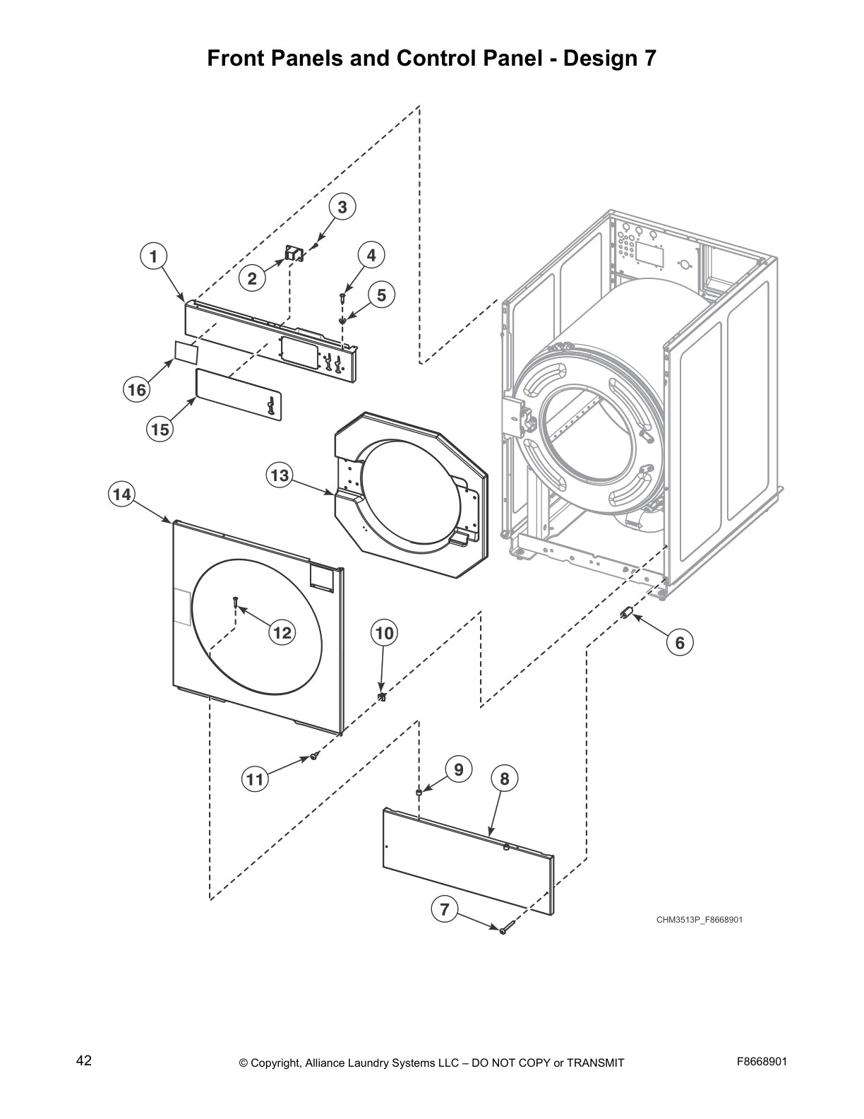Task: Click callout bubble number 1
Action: point(153,256)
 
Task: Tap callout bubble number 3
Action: point(342,207)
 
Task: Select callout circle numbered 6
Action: point(680,642)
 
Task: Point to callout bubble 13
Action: point(280,475)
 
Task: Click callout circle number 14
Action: point(122,495)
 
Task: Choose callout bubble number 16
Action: point(136,389)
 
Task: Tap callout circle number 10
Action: point(384,633)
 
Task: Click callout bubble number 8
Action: point(504,778)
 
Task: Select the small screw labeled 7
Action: point(503,931)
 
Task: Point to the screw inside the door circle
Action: point(236,603)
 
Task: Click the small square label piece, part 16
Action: point(186,351)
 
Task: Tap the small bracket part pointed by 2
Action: point(292,254)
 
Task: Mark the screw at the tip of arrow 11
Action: point(313,757)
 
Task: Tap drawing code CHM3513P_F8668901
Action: point(699,920)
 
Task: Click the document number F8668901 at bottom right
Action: point(762,1061)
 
